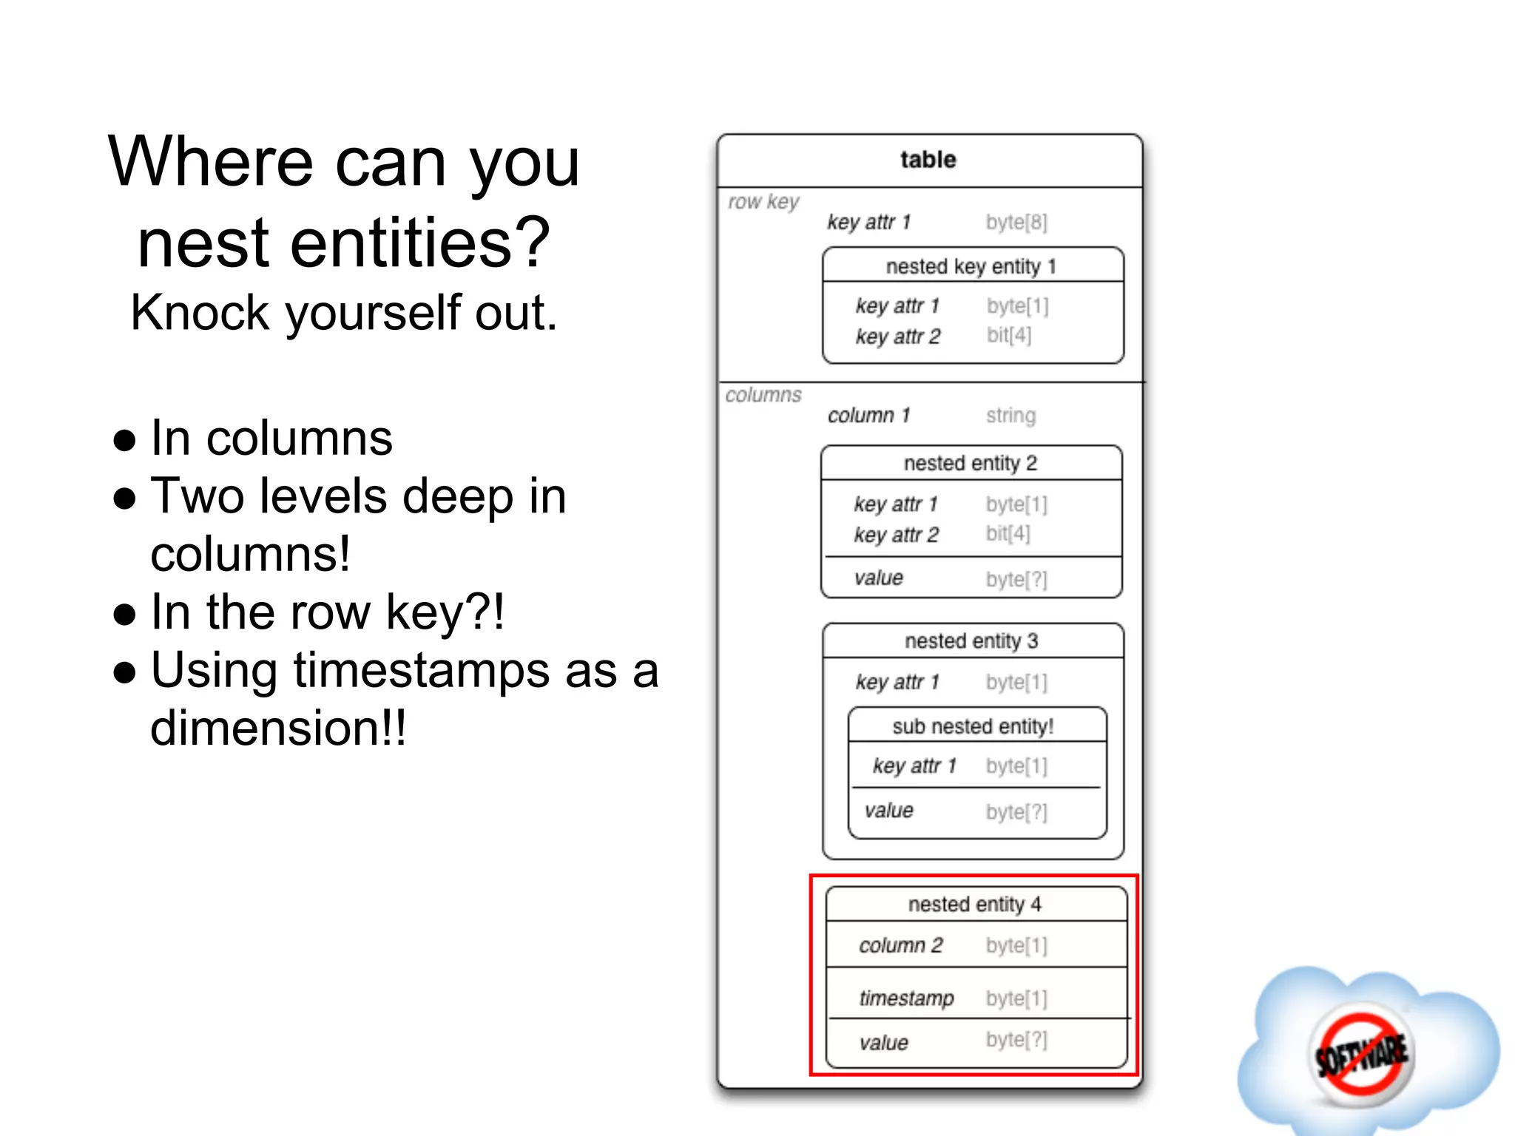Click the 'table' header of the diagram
[x=928, y=160]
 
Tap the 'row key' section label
[x=763, y=202]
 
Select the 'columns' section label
[x=763, y=395]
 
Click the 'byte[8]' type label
[x=1016, y=222]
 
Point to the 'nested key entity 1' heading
[x=971, y=266]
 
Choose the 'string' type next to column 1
[x=1010, y=416]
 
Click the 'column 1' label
[x=868, y=416]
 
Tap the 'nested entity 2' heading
[x=970, y=463]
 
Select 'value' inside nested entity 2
[x=878, y=578]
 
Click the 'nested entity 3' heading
[x=971, y=640]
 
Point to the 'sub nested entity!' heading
[x=973, y=726]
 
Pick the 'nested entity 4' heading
[x=974, y=904]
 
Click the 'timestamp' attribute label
[x=906, y=998]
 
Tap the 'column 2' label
[x=900, y=945]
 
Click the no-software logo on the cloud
[x=1361, y=1054]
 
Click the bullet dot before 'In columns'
[x=125, y=440]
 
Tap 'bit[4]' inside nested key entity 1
[x=1008, y=336]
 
